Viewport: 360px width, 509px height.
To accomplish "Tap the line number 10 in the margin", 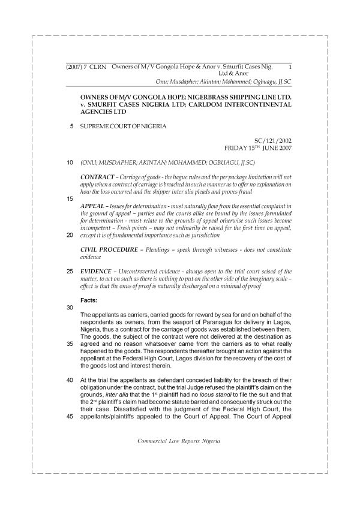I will pyautogui.click(x=71, y=162).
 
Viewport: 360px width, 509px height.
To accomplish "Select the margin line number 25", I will pyautogui.click(x=71, y=271).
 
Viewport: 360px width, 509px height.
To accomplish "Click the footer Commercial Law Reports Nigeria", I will pyautogui.click(x=179, y=441).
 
